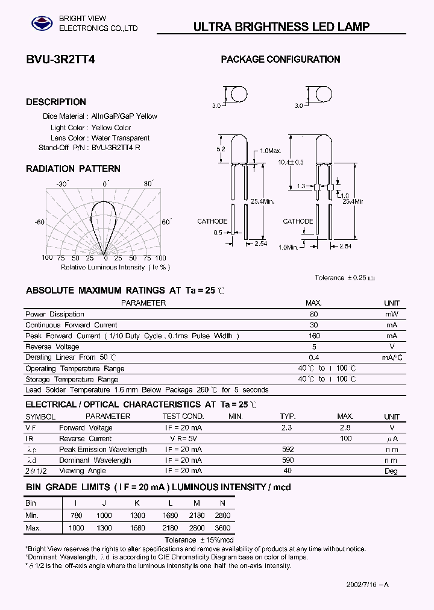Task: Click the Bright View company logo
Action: pos(42,23)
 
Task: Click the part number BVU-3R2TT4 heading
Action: pos(60,60)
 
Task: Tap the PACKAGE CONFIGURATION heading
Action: pos(280,59)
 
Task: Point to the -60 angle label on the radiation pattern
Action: pos(40,222)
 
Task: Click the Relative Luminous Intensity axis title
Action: pos(116,267)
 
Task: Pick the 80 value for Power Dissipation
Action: pos(313,314)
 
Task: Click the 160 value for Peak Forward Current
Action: pos(313,336)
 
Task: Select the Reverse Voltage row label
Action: pos(52,347)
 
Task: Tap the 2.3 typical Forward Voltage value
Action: pos(286,427)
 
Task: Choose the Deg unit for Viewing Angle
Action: pos(392,471)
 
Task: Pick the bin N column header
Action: pos(222,503)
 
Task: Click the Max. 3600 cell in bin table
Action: pos(222,527)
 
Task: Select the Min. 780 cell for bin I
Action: pos(76,515)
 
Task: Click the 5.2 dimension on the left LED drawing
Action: pos(221,149)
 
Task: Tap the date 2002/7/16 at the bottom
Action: pos(363,585)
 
